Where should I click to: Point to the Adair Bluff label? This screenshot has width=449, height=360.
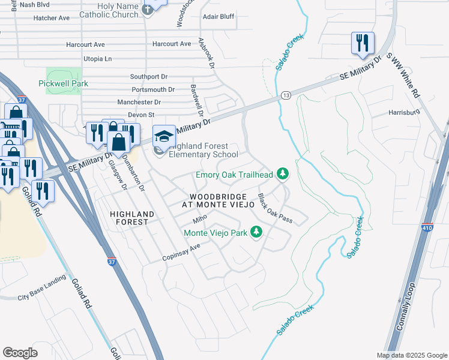[x=218, y=17]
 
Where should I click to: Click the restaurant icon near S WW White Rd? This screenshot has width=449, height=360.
[x=363, y=43]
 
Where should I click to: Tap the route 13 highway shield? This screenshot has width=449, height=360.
[x=286, y=95]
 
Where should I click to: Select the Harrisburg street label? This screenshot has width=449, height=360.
[x=404, y=112]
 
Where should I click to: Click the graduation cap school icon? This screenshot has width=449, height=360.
[x=164, y=136]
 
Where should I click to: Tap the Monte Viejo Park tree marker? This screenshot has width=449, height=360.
[x=256, y=232]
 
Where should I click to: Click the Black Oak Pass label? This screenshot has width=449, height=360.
[x=275, y=209]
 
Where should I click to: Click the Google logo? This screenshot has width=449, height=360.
[x=20, y=353]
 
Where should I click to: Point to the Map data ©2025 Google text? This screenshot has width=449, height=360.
[x=411, y=355]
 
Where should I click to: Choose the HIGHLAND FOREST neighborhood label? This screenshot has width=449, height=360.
[x=132, y=218]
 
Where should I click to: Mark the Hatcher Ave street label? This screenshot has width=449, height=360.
[x=52, y=18]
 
